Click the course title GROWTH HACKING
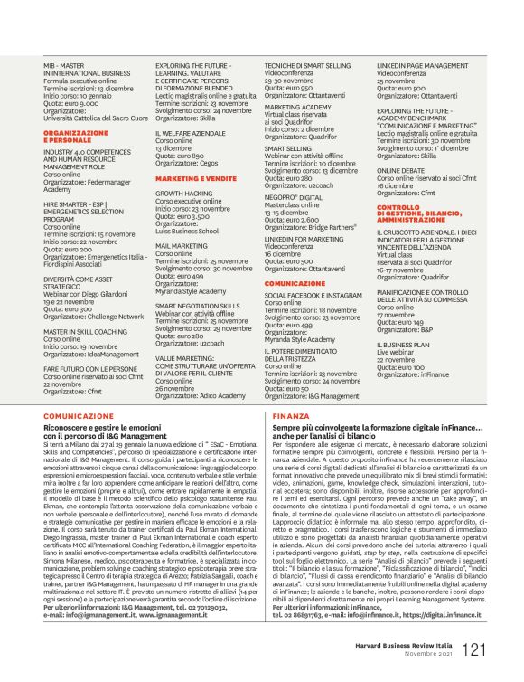(x=183, y=194)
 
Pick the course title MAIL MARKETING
(x=182, y=245)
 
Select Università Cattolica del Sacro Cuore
(x=97, y=118)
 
